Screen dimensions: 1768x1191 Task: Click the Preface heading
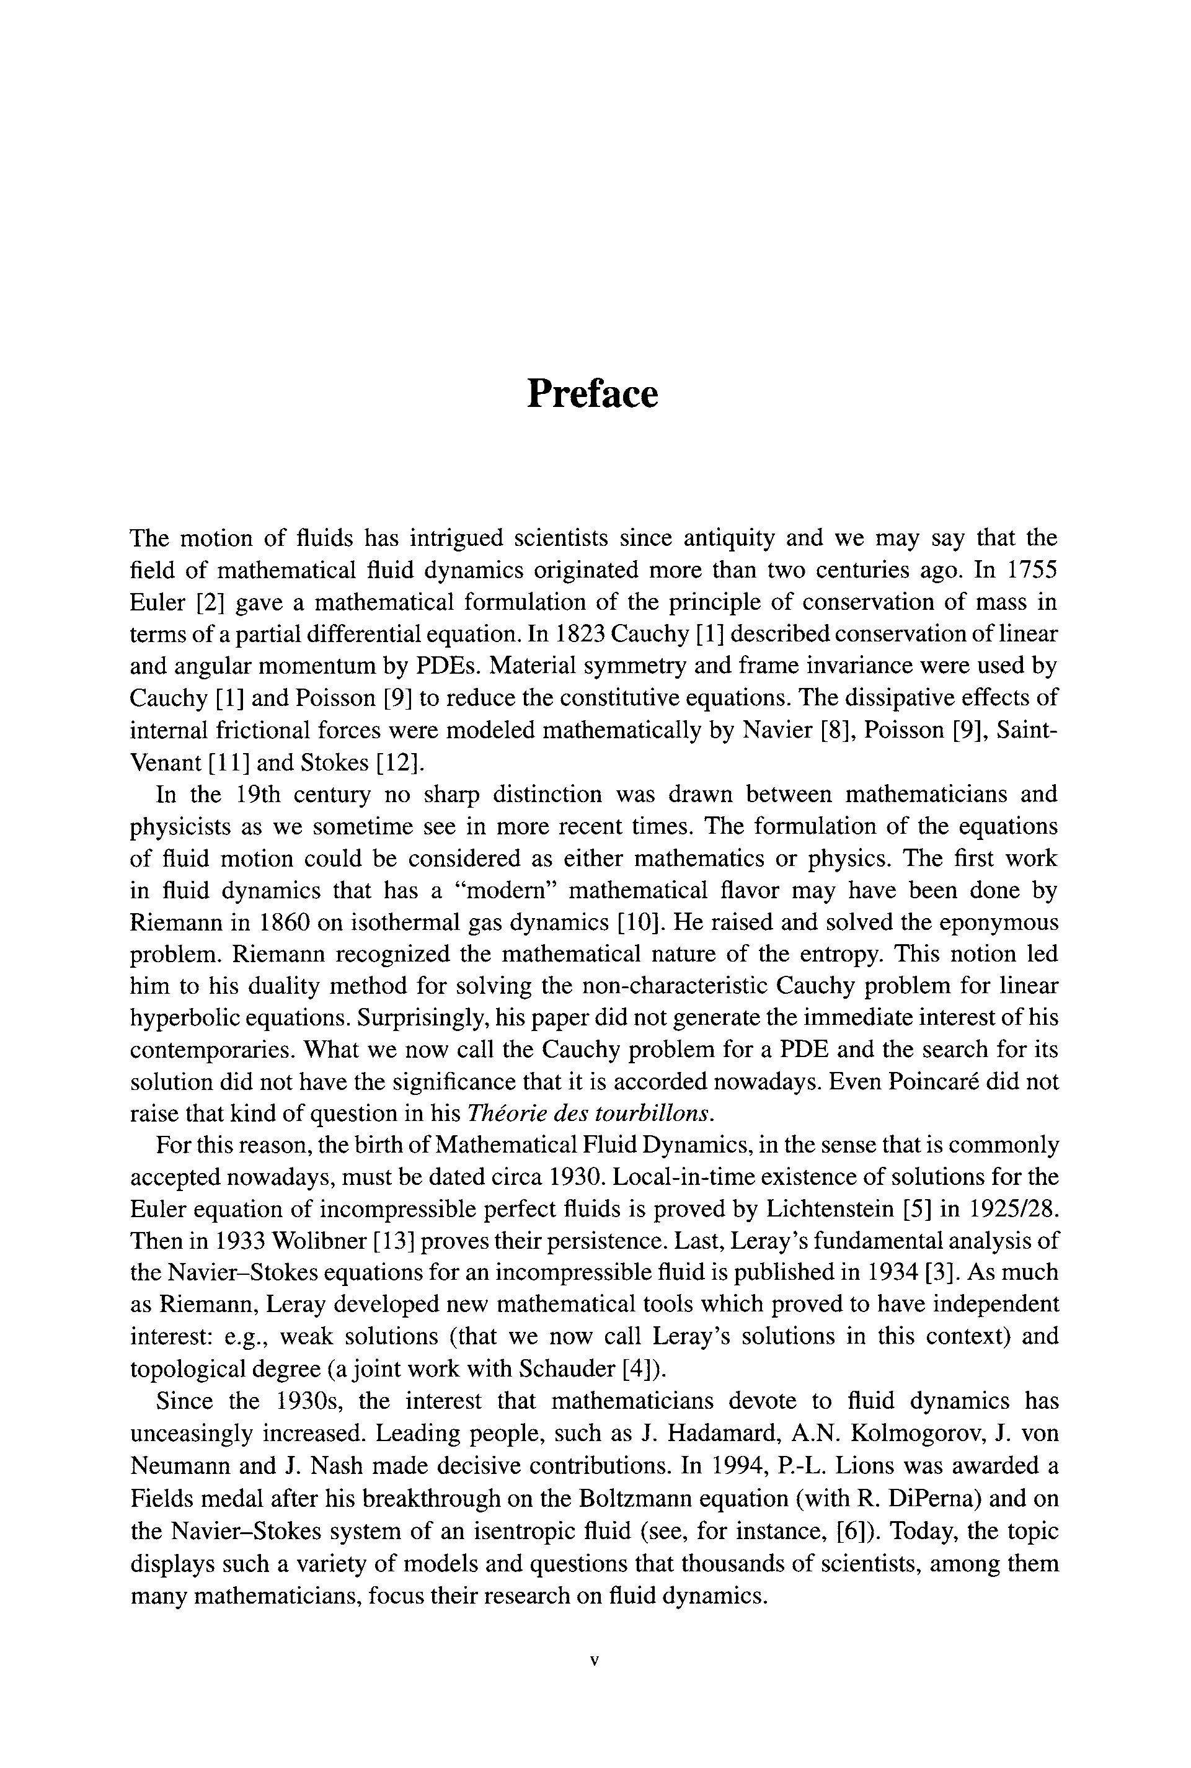click(x=593, y=393)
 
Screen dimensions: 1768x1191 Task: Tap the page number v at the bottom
click(x=595, y=1682)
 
